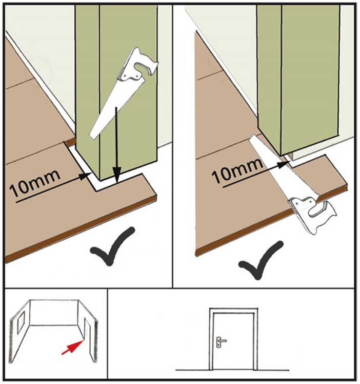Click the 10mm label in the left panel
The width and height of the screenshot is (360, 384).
[35, 183]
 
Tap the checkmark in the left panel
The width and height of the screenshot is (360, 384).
[112, 246]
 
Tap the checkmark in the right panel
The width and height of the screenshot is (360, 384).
[261, 260]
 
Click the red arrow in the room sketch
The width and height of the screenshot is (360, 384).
[72, 347]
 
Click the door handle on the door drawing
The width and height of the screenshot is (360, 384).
[221, 341]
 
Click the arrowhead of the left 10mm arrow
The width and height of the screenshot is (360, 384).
[86, 176]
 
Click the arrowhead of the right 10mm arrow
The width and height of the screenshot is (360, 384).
[283, 165]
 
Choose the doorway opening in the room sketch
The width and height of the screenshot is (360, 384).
[86, 329]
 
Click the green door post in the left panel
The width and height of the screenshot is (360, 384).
[116, 91]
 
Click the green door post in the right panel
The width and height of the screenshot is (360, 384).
[298, 79]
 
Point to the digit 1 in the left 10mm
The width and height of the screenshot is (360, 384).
[15, 190]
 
